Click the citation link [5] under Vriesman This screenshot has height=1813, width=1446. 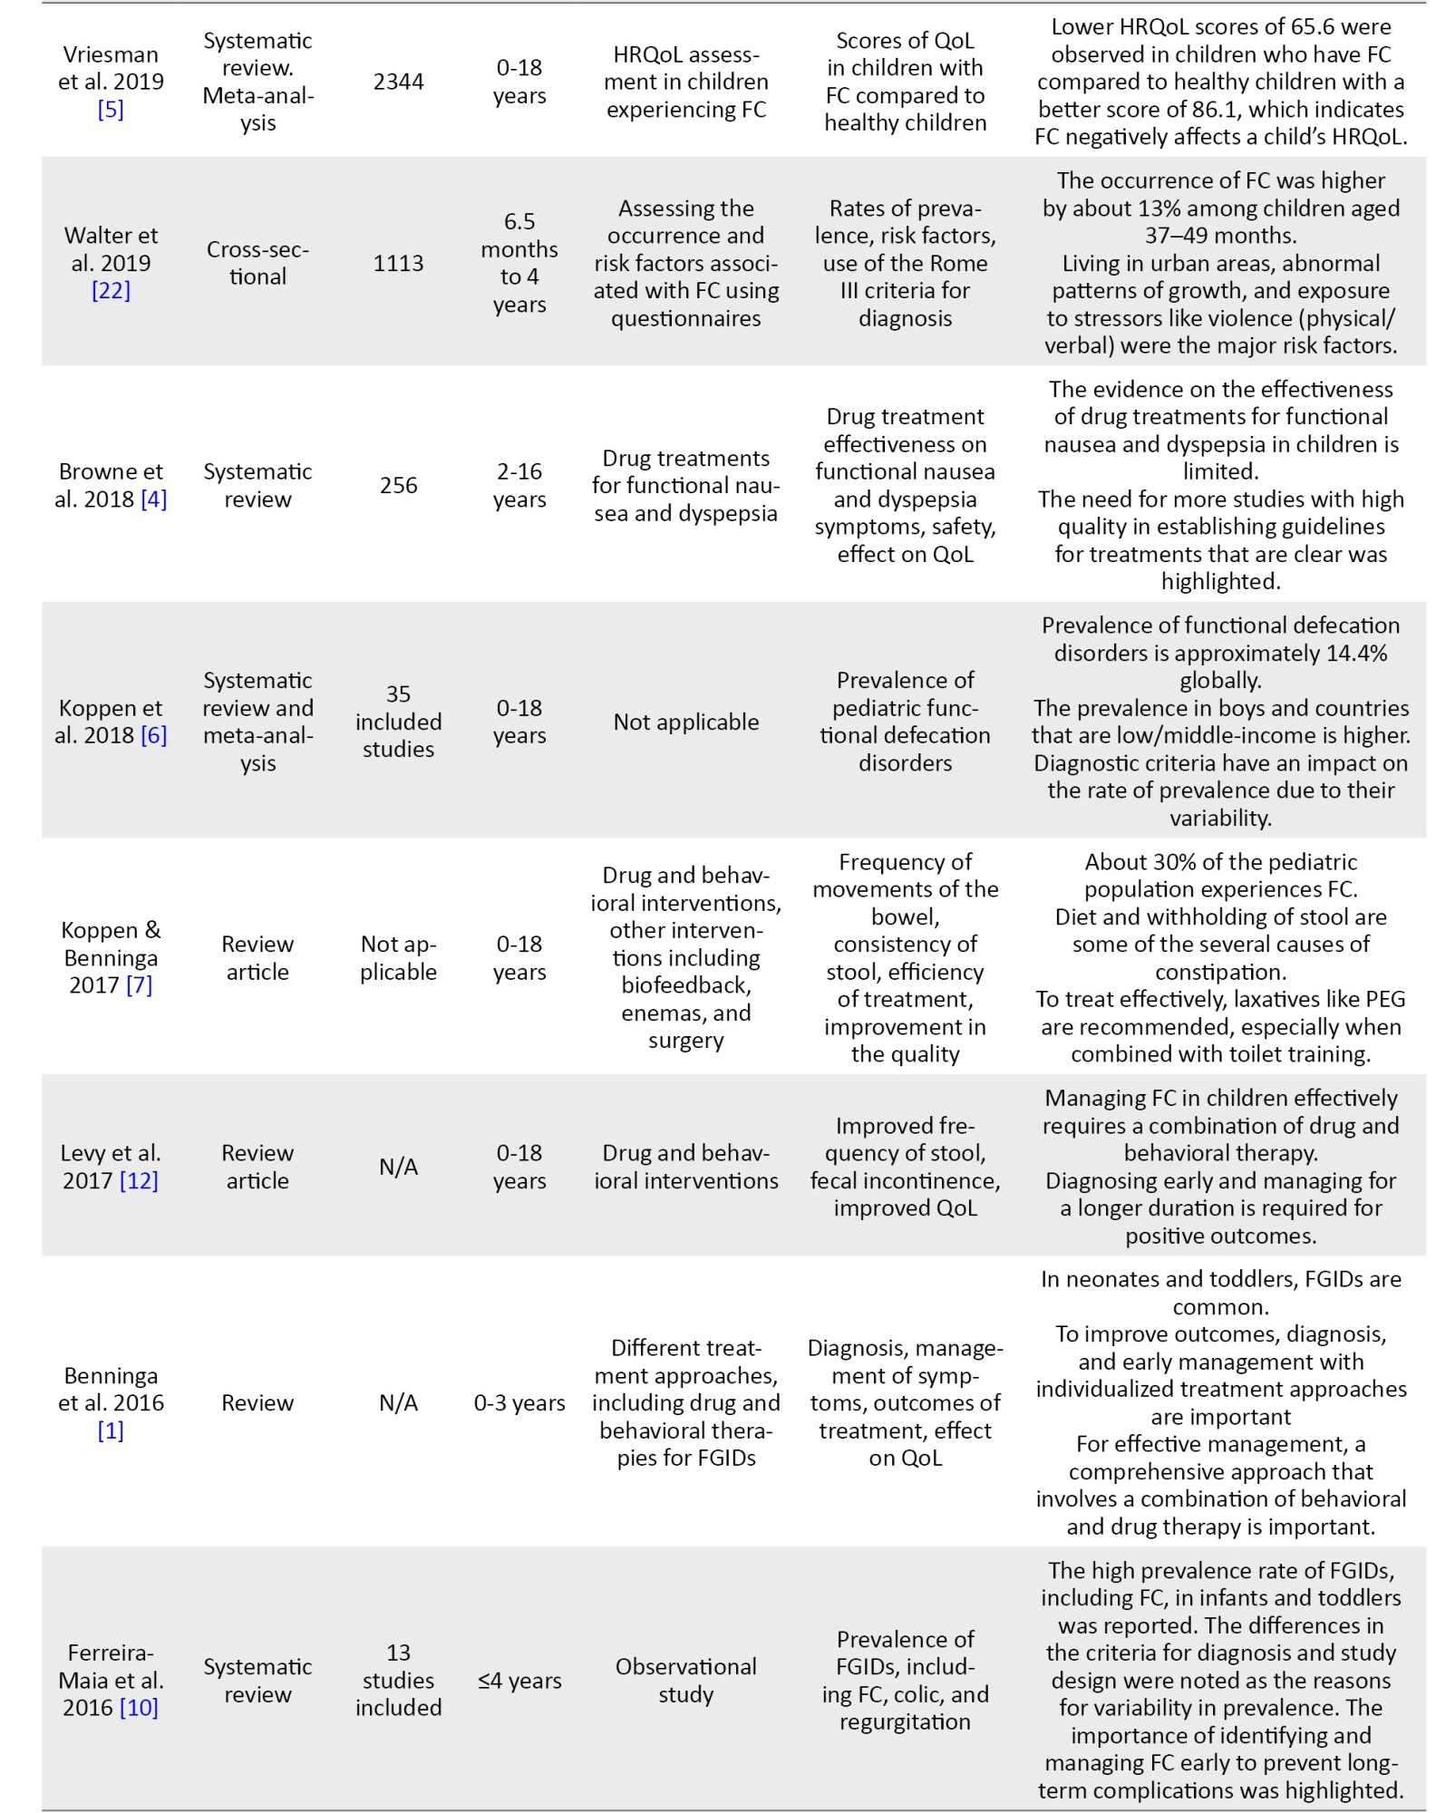coord(111,110)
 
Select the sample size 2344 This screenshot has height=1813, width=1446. coord(398,82)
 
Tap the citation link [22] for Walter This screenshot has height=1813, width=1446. coord(111,290)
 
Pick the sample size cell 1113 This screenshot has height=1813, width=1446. coord(398,263)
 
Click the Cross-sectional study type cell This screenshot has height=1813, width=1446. coord(257,263)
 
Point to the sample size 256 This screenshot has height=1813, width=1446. coord(398,485)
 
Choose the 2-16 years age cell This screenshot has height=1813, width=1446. coord(519,485)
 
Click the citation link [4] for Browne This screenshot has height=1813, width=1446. coord(153,499)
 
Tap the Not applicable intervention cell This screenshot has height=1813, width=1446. coord(685,722)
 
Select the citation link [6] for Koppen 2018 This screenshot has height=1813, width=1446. coord(153,735)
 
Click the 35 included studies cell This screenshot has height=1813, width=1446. coord(398,722)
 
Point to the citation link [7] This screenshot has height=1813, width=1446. coord(139,985)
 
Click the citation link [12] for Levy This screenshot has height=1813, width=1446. coord(139,1180)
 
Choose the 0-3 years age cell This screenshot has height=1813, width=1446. coord(519,1403)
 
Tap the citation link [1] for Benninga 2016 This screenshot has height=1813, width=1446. coord(111,1430)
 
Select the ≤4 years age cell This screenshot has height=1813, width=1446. coord(519,1681)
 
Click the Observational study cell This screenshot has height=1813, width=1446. coord(685,1681)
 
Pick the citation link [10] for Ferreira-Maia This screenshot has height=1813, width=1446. coord(139,1708)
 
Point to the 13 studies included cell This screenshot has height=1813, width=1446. coord(398,1681)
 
